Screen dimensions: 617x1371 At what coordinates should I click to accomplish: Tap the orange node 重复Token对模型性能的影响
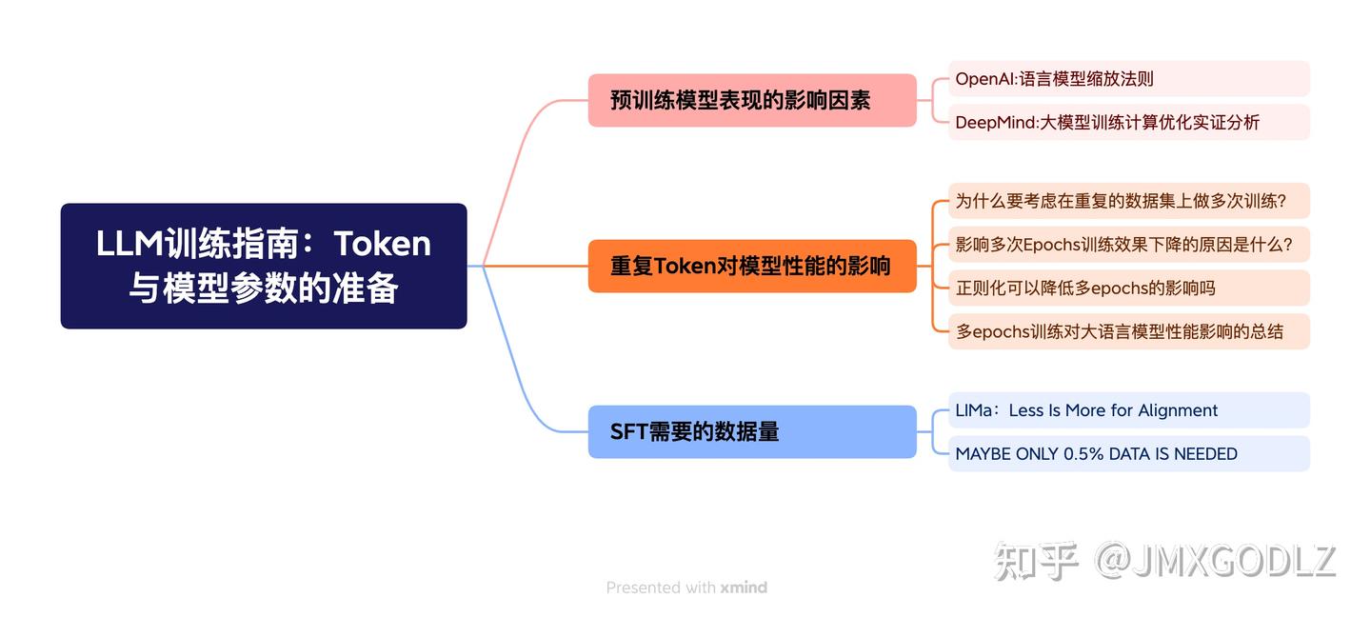point(751,266)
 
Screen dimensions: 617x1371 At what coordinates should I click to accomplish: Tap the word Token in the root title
point(383,244)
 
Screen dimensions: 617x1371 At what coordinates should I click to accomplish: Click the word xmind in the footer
point(744,587)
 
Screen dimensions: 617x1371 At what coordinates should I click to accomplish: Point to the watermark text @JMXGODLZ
point(1216,561)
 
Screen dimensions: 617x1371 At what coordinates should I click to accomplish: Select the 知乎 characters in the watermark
point(1037,561)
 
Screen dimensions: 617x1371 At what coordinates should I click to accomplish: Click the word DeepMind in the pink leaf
point(994,122)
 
